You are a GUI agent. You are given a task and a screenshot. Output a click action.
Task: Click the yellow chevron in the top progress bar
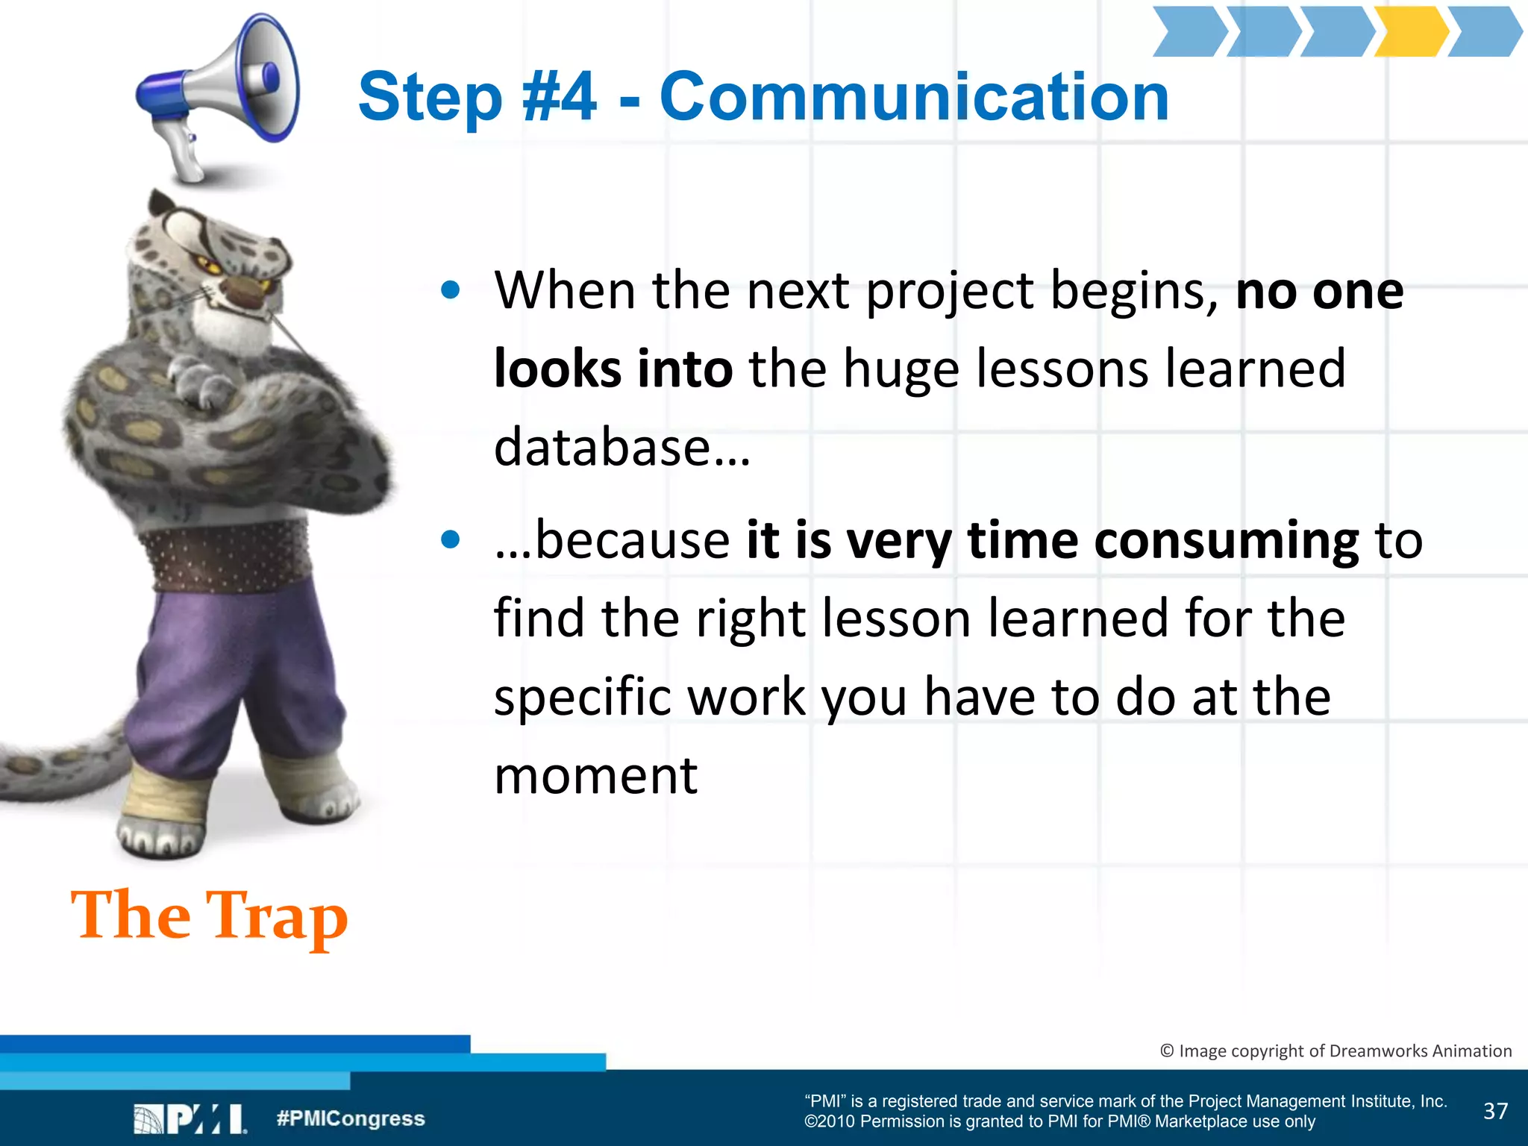(1410, 31)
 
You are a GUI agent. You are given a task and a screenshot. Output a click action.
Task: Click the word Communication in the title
(914, 97)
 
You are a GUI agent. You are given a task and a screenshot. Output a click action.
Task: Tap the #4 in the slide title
(560, 97)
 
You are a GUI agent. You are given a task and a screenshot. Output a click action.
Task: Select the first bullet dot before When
(450, 290)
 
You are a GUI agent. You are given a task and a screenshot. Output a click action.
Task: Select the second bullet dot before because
(450, 539)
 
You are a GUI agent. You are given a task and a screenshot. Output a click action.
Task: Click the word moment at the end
(595, 776)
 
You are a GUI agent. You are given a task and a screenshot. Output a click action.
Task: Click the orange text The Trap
(210, 916)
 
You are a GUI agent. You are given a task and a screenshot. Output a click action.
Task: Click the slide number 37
(1495, 1111)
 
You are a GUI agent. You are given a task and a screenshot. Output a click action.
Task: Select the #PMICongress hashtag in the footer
(351, 1118)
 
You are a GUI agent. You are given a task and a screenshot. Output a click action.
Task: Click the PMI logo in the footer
(190, 1119)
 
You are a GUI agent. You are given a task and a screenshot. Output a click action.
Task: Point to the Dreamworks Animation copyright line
(1336, 1050)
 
